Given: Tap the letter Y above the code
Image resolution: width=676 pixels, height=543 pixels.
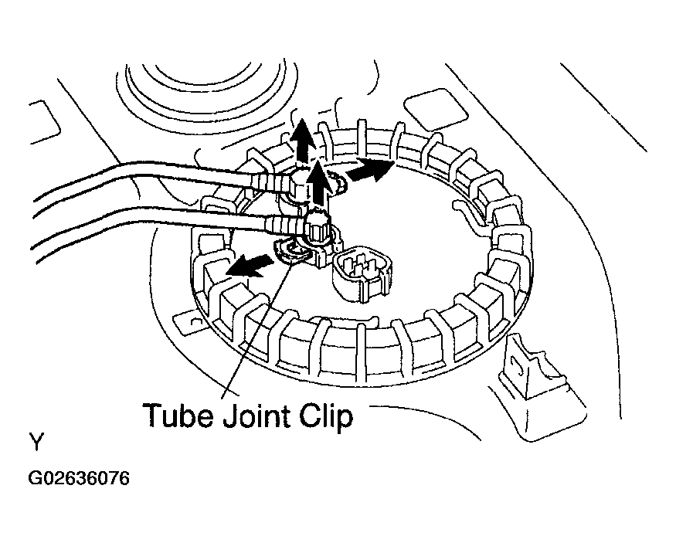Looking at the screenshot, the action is click(36, 442).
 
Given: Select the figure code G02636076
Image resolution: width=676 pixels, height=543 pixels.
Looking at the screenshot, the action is click(79, 478).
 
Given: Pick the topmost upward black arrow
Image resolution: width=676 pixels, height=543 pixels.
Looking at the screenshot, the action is click(302, 140).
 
